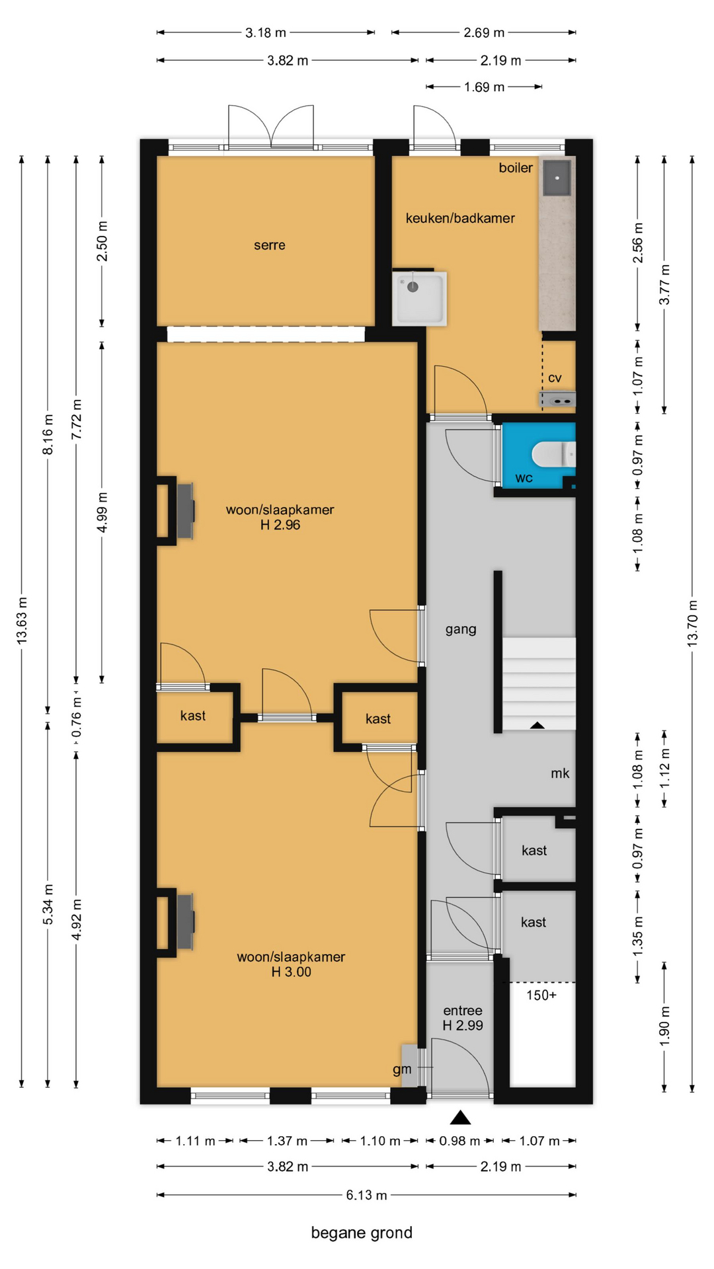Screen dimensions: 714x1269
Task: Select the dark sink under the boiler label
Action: tap(557, 178)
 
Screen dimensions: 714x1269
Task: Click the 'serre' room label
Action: tap(270, 245)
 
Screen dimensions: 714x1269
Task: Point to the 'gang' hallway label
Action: tap(461, 629)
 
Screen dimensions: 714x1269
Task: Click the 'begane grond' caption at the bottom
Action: tap(362, 1233)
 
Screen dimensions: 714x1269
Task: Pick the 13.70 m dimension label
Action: tap(692, 623)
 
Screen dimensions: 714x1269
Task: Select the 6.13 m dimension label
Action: tap(366, 1195)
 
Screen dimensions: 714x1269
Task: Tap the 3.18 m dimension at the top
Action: tap(266, 32)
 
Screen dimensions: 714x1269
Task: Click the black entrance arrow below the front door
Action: tap(460, 1117)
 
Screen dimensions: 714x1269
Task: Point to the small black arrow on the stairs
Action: tap(537, 725)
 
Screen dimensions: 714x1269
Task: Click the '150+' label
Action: tap(541, 995)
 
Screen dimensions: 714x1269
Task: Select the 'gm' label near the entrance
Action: tap(402, 1069)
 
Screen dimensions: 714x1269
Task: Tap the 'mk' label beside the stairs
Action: tap(560, 773)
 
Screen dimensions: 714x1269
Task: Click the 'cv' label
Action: tap(555, 378)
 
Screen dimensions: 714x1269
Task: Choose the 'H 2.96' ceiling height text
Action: tap(280, 525)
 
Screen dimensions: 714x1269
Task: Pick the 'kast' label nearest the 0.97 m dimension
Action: tap(534, 851)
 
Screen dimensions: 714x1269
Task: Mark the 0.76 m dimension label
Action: tap(77, 716)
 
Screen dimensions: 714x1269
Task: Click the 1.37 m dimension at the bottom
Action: tap(287, 1141)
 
